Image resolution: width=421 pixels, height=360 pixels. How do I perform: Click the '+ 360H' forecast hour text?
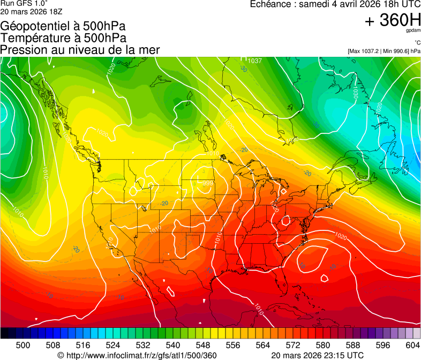tap(392, 21)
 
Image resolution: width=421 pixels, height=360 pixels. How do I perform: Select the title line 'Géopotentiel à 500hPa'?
tap(63, 26)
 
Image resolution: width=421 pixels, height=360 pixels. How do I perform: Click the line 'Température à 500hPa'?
tap(63, 38)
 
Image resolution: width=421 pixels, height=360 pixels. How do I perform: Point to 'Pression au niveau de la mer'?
tap(80, 50)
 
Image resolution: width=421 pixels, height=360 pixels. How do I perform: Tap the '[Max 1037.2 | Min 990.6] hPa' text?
tap(384, 51)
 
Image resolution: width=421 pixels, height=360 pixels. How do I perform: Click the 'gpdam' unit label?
tap(414, 32)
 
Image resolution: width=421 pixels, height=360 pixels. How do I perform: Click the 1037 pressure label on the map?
tap(254, 61)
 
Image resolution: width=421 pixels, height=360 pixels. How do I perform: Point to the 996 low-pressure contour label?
tap(208, 183)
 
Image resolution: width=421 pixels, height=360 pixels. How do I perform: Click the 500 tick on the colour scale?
tap(22, 345)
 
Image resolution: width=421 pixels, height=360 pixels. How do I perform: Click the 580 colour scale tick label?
tap(322, 345)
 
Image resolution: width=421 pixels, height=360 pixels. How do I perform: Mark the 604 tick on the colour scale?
tap(412, 345)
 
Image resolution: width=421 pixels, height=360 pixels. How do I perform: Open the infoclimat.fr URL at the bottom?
tap(137, 355)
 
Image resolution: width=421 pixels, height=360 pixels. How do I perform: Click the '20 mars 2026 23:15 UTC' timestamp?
tap(318, 355)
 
